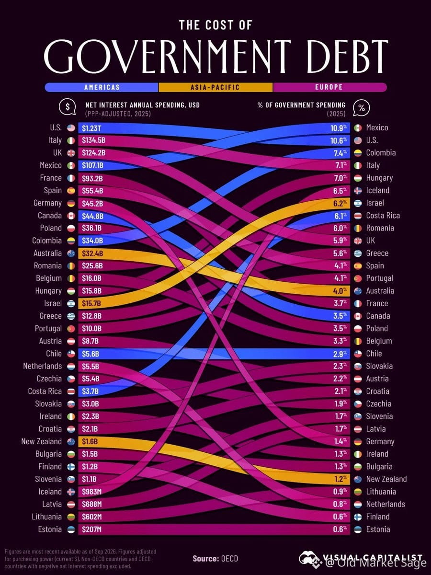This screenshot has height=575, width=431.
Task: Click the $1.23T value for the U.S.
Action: coord(91,128)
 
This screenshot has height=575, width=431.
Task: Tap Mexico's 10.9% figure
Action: coord(339,128)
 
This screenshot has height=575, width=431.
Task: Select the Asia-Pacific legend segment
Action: coord(215,87)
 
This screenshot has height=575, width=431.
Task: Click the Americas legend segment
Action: coord(102,87)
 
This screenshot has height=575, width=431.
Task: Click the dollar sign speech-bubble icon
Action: coord(68,107)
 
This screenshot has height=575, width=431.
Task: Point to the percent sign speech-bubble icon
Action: coord(362,108)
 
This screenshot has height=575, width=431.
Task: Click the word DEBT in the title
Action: coord(343,57)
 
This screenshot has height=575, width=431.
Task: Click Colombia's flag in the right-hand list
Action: coord(358,153)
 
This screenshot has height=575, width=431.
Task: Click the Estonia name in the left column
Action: coord(50,529)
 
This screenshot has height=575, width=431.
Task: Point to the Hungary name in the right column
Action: coord(379,178)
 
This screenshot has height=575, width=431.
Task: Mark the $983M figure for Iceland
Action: coord(91,492)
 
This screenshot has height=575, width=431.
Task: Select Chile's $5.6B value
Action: coord(91,354)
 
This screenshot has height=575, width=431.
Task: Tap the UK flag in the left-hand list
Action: coord(71,153)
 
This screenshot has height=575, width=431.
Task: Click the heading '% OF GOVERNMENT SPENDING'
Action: coord(302,105)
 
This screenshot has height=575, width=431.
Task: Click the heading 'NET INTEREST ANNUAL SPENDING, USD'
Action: coord(142,105)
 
